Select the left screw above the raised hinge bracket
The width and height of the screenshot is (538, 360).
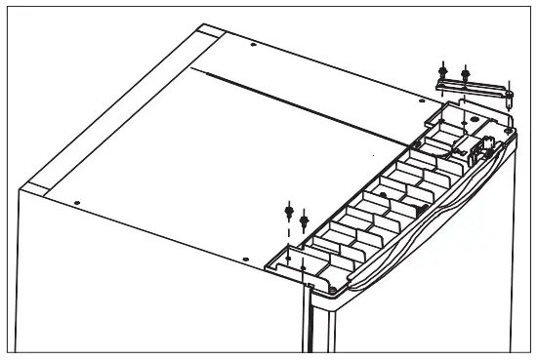point(445,70)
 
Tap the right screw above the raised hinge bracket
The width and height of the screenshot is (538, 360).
point(465,72)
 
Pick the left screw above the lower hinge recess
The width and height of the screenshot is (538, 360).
point(288,209)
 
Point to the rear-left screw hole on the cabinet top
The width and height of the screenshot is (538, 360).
point(253,46)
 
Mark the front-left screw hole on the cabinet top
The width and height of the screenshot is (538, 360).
point(77,204)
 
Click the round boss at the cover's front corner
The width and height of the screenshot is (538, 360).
point(334,289)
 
